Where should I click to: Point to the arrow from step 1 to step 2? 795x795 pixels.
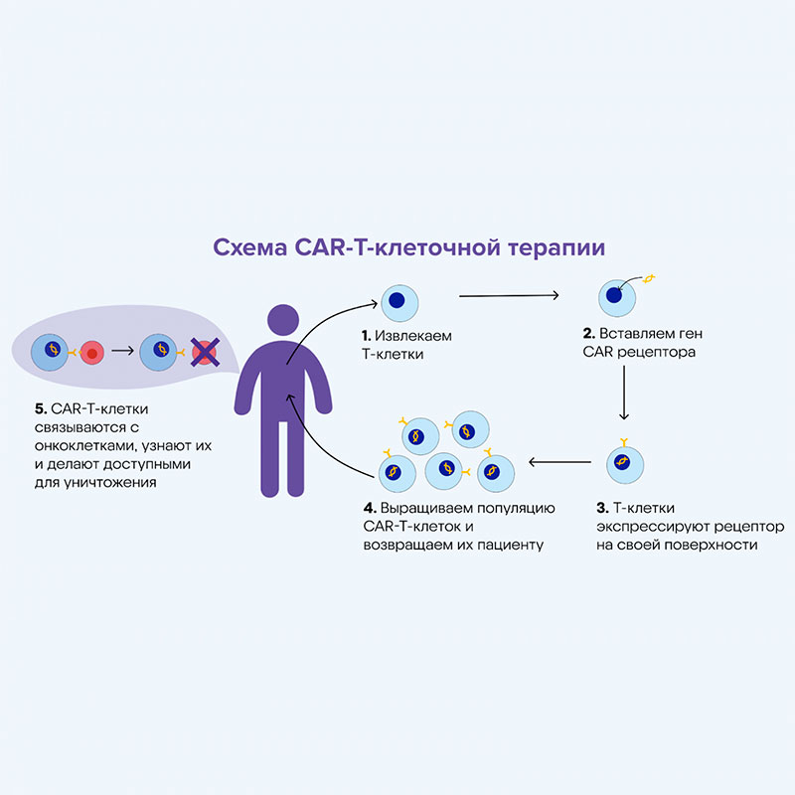click(517, 295)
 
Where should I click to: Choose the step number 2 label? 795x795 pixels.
click(588, 334)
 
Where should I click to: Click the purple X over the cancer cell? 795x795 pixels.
click(206, 351)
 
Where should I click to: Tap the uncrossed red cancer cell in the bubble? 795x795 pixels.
click(91, 352)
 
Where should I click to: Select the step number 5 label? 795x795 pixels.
click(39, 409)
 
